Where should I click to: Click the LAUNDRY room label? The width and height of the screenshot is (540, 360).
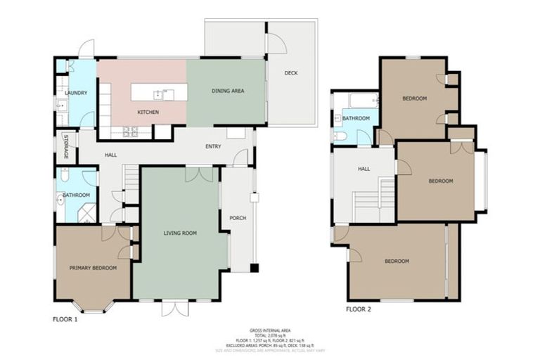(75, 93)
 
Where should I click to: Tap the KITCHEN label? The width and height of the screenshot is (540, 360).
(148, 112)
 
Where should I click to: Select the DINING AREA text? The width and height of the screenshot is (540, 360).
(228, 91)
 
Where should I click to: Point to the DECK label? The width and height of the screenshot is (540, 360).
(291, 73)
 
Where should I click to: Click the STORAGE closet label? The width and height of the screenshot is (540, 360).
(66, 146)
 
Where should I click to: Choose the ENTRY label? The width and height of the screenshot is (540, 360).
(213, 146)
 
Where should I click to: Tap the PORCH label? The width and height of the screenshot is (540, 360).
(238, 218)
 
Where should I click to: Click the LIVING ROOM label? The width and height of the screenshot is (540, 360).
(180, 233)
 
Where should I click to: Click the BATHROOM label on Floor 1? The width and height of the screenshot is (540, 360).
(76, 195)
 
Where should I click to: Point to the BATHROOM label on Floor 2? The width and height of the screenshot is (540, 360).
(356, 118)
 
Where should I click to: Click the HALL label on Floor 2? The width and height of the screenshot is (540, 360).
(364, 169)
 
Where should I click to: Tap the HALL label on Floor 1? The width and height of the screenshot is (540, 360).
(110, 155)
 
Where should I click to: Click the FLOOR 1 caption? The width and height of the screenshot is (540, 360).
(65, 319)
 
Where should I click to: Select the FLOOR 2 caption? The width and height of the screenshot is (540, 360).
(359, 308)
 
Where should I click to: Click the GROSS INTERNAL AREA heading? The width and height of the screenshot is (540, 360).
(270, 329)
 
